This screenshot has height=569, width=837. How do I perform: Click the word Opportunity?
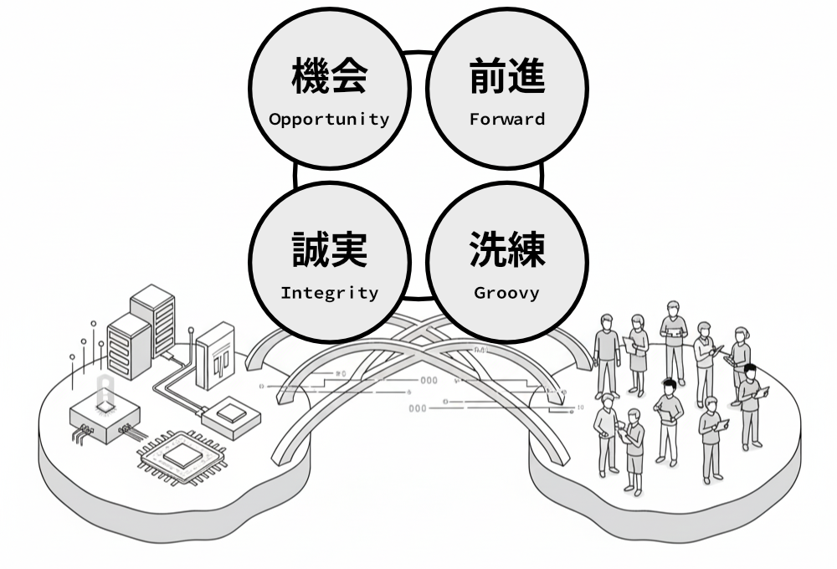[329, 119]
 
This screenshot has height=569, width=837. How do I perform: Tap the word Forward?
[506, 119]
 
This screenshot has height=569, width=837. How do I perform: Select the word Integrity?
[329, 293]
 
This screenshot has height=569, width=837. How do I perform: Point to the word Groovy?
[506, 293]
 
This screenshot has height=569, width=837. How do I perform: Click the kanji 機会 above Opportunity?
[329, 78]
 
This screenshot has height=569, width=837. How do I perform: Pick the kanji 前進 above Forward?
[506, 78]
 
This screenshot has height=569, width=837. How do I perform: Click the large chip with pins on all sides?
[180, 456]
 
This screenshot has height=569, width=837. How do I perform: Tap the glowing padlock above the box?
[105, 393]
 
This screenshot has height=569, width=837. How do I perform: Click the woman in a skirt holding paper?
[638, 351]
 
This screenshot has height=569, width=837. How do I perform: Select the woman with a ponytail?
[740, 356]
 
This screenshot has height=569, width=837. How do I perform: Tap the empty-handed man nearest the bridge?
[605, 351]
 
